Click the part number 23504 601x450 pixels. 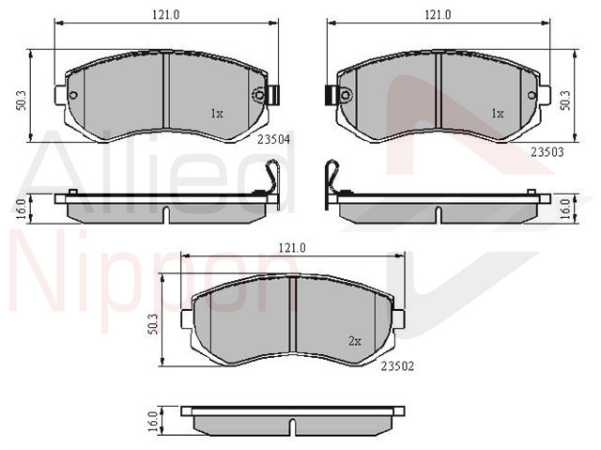273,140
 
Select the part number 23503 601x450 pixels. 547,152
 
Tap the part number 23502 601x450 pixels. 397,366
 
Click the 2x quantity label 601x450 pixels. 355,341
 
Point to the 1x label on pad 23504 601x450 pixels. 217,114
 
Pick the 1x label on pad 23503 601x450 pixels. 497,114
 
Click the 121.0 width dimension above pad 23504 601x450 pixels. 166,15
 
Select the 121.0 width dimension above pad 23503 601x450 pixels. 438,15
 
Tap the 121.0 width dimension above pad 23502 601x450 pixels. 292,248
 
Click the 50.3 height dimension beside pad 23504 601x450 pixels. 21,101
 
